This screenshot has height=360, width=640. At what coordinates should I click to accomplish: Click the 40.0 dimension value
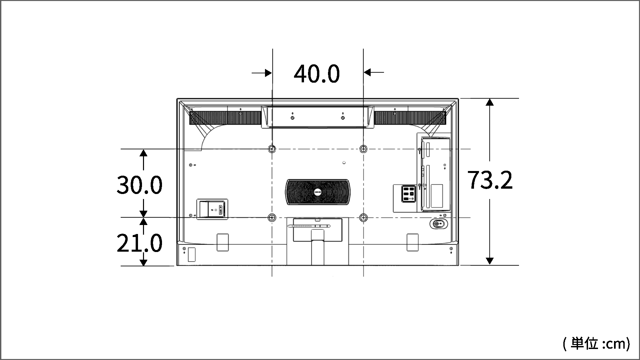pos(317,74)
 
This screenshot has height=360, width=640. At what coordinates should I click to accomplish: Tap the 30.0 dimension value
pos(139,185)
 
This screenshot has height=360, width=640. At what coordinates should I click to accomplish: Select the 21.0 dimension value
pos(139,243)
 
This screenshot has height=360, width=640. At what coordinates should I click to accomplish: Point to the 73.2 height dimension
pos(490,180)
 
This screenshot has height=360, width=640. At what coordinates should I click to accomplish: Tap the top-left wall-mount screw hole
pos(272,149)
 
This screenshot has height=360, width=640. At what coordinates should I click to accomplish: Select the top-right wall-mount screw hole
pos(363,149)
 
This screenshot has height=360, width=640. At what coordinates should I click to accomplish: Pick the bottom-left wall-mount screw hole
pos(272,218)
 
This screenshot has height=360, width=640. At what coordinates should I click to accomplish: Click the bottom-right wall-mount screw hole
pos(363,218)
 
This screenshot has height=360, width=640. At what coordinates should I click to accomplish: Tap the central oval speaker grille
pos(318,192)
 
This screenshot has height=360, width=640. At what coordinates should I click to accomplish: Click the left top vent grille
pos(225,118)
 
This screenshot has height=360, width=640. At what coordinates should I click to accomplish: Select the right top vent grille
pos(410,118)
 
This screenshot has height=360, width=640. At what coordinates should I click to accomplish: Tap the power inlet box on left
pos(212,209)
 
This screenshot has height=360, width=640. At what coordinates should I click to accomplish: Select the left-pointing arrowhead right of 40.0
pos(367,72)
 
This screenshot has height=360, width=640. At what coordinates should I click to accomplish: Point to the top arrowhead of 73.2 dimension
pos(490,102)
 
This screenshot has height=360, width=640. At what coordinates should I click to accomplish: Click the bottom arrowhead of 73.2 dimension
pos(490,261)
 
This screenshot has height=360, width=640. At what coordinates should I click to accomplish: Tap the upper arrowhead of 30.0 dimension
pos(143,153)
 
